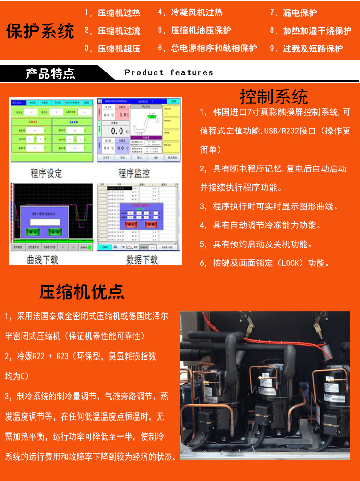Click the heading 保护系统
click(x=40, y=31)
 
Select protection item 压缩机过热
click(x=119, y=13)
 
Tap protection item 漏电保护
click(x=300, y=13)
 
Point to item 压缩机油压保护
click(x=201, y=31)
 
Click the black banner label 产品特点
click(x=50, y=73)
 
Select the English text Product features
click(x=168, y=72)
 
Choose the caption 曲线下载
click(x=42, y=260)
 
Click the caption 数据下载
click(x=142, y=260)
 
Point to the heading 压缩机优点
click(x=82, y=291)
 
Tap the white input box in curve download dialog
click(x=45, y=222)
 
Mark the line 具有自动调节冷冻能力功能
click(x=267, y=225)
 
